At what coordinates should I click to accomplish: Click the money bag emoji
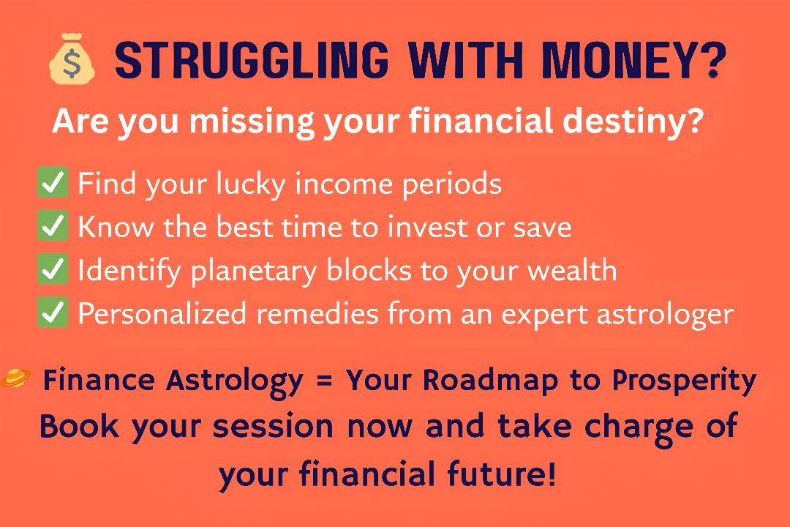click(x=72, y=59)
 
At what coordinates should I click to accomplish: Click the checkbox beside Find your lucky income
click(x=53, y=182)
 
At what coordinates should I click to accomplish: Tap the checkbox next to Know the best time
click(x=53, y=225)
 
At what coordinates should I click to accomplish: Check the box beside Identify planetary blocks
click(x=53, y=269)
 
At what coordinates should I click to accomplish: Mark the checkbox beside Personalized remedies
click(x=53, y=312)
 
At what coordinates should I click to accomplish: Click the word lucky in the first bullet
click(x=251, y=184)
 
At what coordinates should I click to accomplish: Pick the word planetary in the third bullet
click(x=254, y=272)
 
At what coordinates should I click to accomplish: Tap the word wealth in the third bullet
click(x=572, y=270)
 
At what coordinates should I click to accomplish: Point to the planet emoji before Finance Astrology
click(x=15, y=378)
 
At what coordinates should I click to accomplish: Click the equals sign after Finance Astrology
click(x=325, y=381)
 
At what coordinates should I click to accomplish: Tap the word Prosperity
click(x=684, y=381)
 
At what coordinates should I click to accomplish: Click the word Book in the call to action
click(x=79, y=426)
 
